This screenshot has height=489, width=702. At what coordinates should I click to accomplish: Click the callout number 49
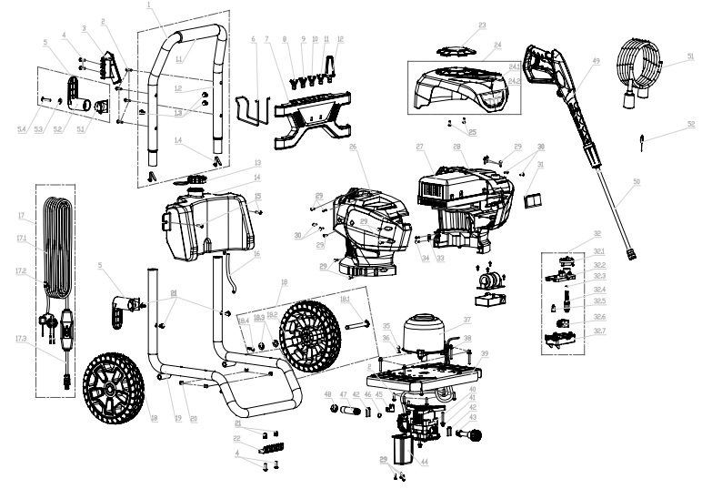coord(596,63)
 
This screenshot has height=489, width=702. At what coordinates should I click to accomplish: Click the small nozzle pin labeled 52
coord(642,139)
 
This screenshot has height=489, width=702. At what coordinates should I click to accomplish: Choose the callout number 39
coord(485,352)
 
